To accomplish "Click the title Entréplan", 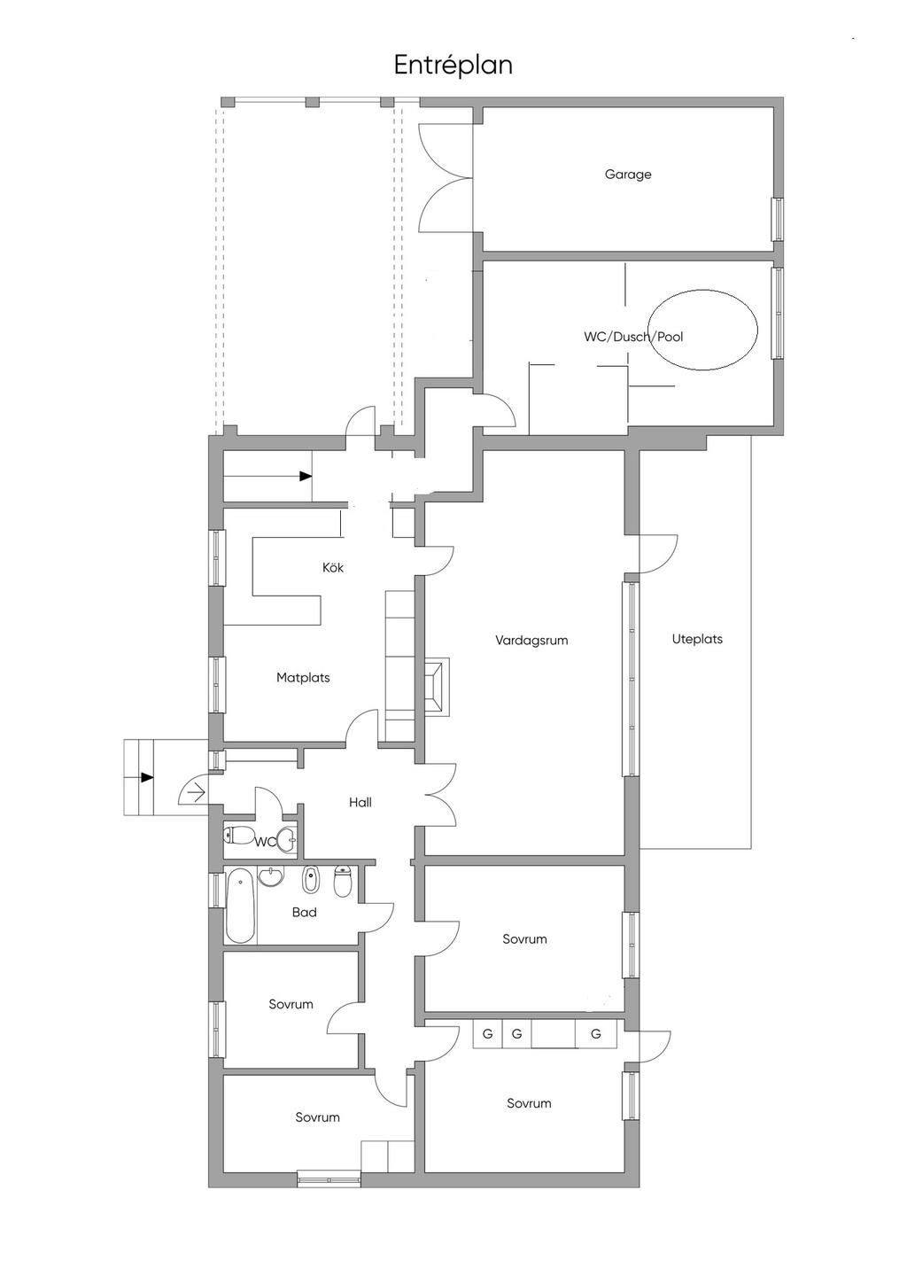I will click(x=453, y=65).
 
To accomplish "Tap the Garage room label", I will click(x=628, y=175).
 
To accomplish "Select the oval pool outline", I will click(x=703, y=330).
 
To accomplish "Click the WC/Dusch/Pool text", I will click(x=632, y=337).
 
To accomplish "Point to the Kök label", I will click(x=333, y=567).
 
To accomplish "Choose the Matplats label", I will click(x=303, y=678).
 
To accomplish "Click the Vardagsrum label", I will click(x=531, y=640).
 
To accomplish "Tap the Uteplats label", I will click(x=697, y=639).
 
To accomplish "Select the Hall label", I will click(x=360, y=803).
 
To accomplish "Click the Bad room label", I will click(x=304, y=912).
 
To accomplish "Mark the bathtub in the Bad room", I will click(x=240, y=906).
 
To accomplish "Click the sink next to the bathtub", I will click(x=271, y=877).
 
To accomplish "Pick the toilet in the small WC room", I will click(x=238, y=835).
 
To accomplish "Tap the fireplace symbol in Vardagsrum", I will click(x=437, y=685).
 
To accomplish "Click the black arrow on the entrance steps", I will click(x=146, y=777).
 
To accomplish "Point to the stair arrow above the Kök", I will click(x=305, y=477).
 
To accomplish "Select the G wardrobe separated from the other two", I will click(x=596, y=1034).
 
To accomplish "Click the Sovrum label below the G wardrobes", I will click(x=529, y=1103).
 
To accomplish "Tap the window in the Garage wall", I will click(x=777, y=218).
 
